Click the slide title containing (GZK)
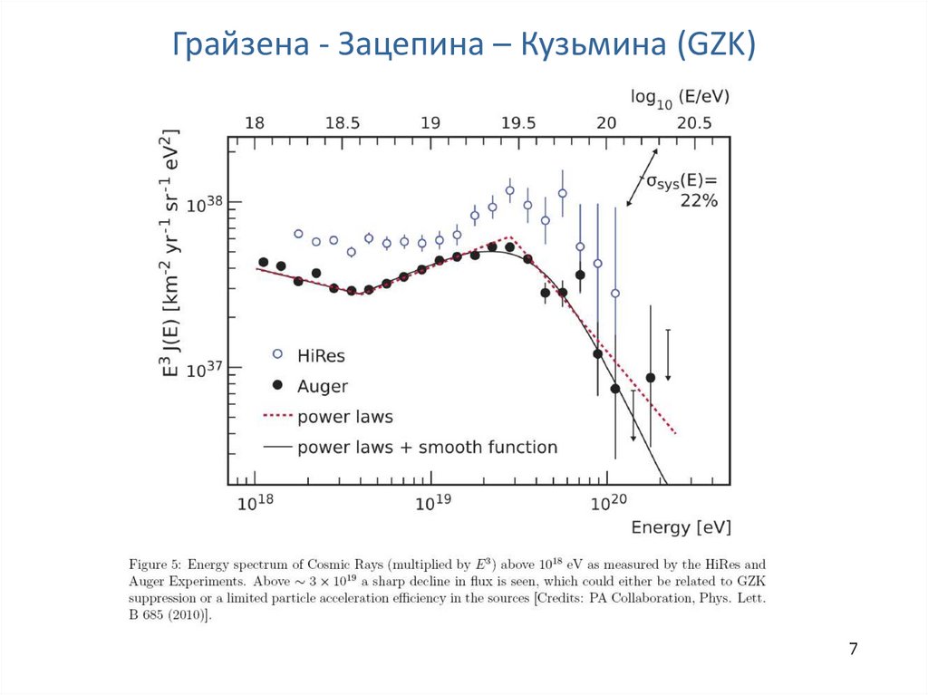(463, 43)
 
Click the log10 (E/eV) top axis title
(681, 95)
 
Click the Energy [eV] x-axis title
(681, 527)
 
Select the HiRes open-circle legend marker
(277, 353)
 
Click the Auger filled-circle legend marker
(277, 386)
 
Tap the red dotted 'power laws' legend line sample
(277, 417)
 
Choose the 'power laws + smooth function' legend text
(427, 447)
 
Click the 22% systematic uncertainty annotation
(699, 201)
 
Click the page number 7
(854, 649)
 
